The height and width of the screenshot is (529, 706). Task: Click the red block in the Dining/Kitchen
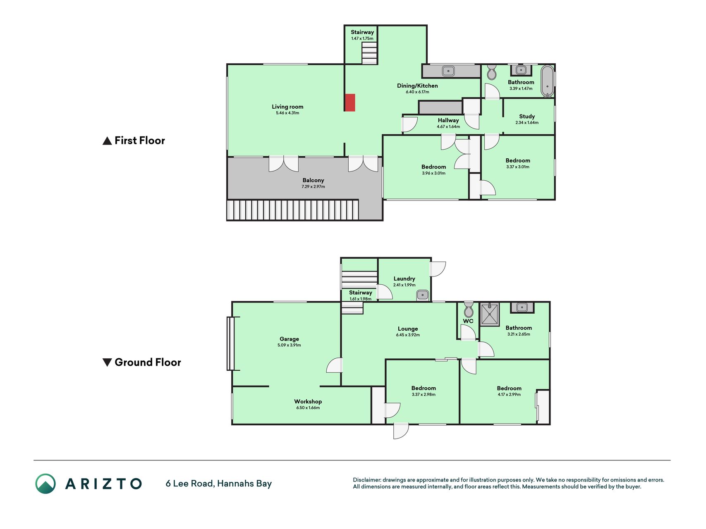(x=350, y=102)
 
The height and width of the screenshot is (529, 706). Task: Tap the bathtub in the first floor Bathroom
(x=547, y=81)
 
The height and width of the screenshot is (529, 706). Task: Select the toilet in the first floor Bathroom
(x=491, y=72)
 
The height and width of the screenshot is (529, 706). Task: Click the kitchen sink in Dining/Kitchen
(x=448, y=71)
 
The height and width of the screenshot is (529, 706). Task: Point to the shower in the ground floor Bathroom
(x=490, y=314)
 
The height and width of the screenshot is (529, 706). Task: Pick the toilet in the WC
(x=469, y=309)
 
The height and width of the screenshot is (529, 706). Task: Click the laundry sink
(x=423, y=295)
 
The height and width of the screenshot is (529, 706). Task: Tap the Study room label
(x=527, y=117)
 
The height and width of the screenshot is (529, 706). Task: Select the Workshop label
(x=308, y=401)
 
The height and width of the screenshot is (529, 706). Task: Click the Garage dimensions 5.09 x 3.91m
(x=289, y=345)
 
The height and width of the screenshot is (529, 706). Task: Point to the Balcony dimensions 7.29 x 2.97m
(x=313, y=187)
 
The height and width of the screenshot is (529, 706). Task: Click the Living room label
(x=287, y=107)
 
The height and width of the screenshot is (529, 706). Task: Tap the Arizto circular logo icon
(x=45, y=484)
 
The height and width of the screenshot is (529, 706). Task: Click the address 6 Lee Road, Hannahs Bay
(x=219, y=484)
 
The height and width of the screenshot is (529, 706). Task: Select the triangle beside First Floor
(x=107, y=141)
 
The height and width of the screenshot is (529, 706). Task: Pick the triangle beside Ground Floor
(x=107, y=362)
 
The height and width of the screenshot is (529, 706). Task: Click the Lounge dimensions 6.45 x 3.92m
(x=408, y=335)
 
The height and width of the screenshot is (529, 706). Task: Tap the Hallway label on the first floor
(x=448, y=120)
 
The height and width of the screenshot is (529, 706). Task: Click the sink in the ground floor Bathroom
(x=522, y=307)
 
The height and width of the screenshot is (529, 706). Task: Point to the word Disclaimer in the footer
(x=366, y=480)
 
